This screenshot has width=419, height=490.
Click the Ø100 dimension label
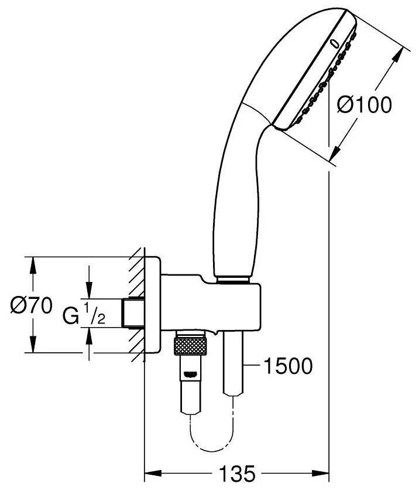[364, 106]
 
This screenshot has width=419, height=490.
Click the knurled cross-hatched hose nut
[191, 345]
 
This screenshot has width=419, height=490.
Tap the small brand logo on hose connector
[191, 372]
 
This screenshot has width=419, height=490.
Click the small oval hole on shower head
[335, 43]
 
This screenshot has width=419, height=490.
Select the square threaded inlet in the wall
[133, 314]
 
